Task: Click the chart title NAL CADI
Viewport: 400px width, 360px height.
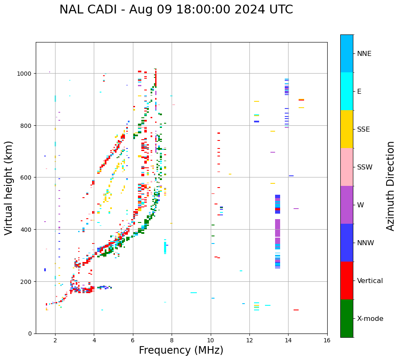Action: point(176,10)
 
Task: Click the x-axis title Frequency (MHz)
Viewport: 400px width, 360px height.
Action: point(181,350)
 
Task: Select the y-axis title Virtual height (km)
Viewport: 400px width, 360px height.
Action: point(9,188)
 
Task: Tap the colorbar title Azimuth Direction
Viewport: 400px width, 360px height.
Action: point(391,185)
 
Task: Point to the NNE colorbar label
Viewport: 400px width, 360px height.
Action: point(364,53)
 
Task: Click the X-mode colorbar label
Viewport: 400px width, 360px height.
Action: point(370,319)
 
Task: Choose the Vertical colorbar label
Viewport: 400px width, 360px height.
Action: point(370,281)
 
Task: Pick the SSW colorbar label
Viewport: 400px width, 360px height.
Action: point(365,167)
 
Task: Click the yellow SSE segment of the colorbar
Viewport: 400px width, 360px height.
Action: point(347,129)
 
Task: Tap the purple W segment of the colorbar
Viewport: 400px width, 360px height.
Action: point(347,205)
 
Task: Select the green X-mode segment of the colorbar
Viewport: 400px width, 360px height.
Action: point(347,318)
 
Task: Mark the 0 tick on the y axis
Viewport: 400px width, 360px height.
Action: point(31,334)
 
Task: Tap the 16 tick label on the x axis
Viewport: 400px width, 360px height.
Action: point(327,341)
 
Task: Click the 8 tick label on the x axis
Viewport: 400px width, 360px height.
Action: point(172,341)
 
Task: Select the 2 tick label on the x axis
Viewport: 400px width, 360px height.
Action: point(55,341)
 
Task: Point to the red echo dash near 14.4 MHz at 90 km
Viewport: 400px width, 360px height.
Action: point(296,310)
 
